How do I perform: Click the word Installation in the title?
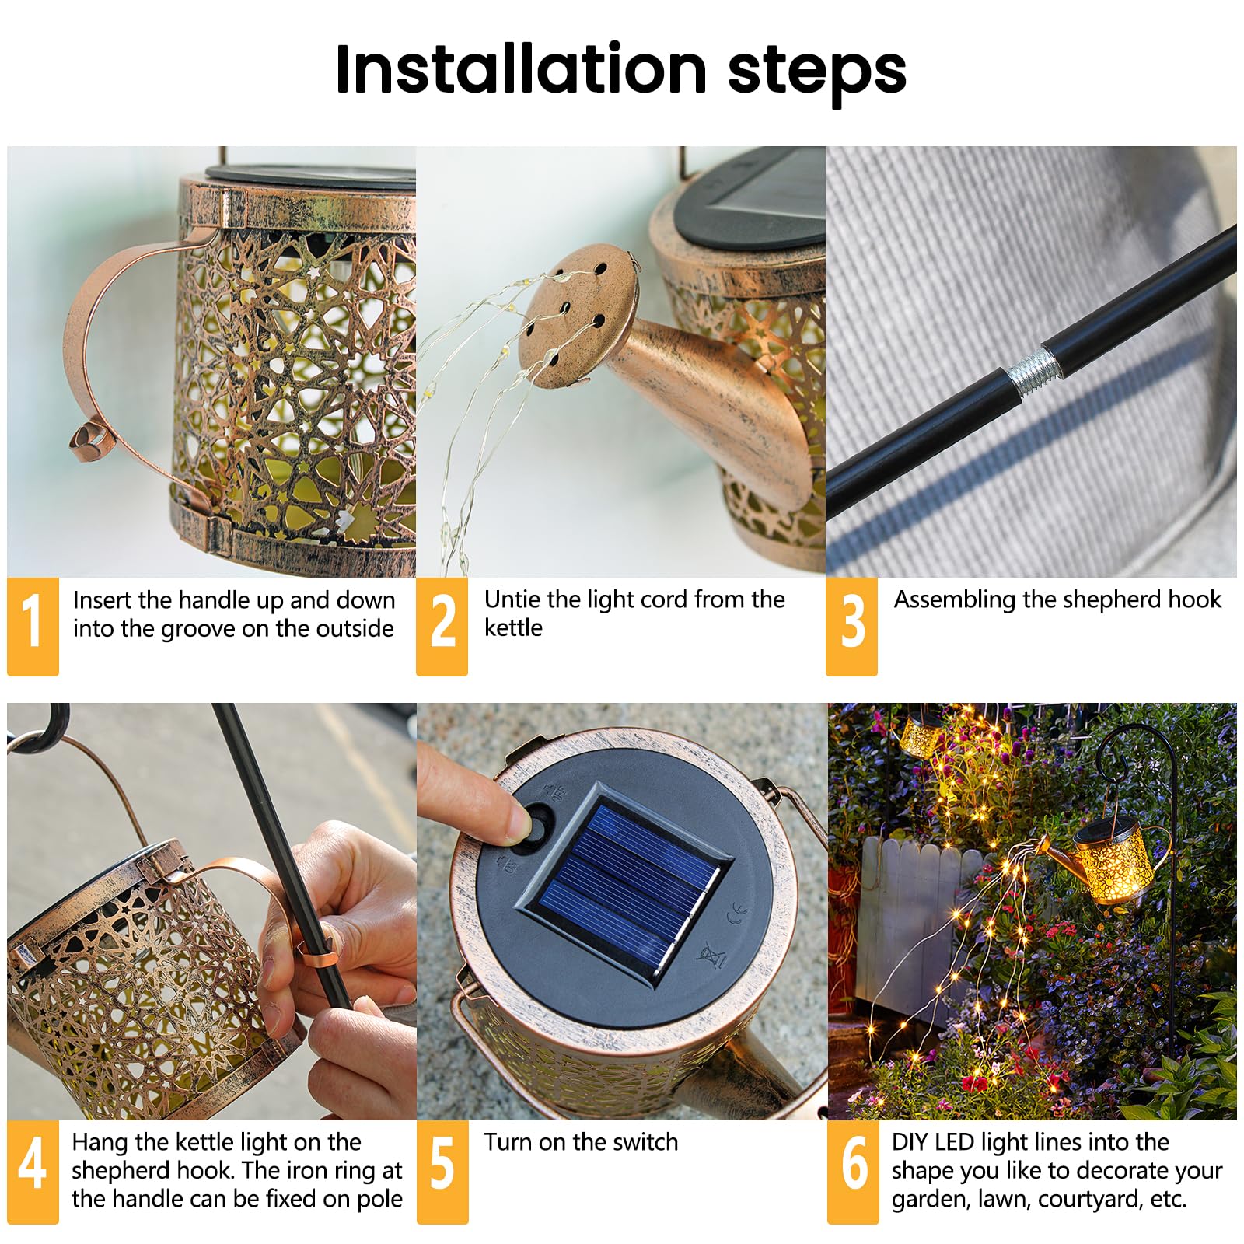click(520, 70)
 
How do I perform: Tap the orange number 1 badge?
click(33, 625)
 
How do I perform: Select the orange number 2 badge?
click(442, 625)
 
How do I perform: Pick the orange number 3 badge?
click(851, 625)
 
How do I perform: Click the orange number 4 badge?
click(33, 1171)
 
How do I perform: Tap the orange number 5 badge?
click(442, 1171)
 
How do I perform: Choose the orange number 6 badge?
click(853, 1171)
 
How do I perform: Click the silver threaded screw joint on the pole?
click(1033, 371)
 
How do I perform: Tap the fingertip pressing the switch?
click(513, 821)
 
